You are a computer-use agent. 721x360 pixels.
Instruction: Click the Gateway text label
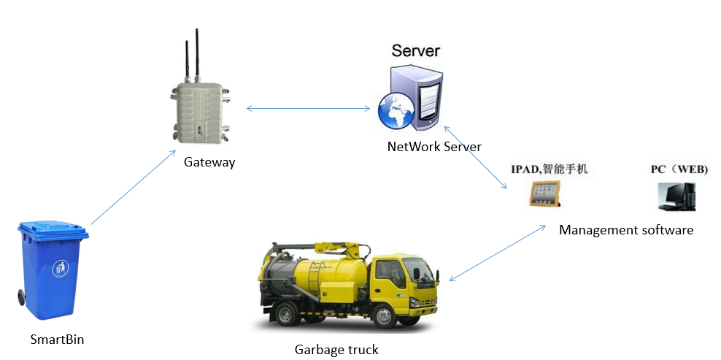[x=209, y=162]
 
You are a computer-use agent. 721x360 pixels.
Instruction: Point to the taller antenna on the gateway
[x=196, y=55]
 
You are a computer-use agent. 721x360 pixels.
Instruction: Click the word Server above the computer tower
[x=416, y=50]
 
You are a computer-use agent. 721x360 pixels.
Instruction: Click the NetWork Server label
[x=434, y=147]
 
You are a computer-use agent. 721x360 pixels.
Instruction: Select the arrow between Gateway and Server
[x=308, y=110]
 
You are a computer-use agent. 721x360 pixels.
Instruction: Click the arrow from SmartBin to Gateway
[x=133, y=187]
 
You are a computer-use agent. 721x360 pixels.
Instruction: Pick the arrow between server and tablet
[x=475, y=157]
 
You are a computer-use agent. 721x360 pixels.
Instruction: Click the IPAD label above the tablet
[x=548, y=169]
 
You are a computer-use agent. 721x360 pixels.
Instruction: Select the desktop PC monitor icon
[x=676, y=196]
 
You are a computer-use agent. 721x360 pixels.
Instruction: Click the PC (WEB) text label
[x=679, y=169]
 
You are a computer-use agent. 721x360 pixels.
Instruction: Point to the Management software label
[x=625, y=230]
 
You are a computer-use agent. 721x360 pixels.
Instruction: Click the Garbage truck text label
[x=336, y=350]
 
